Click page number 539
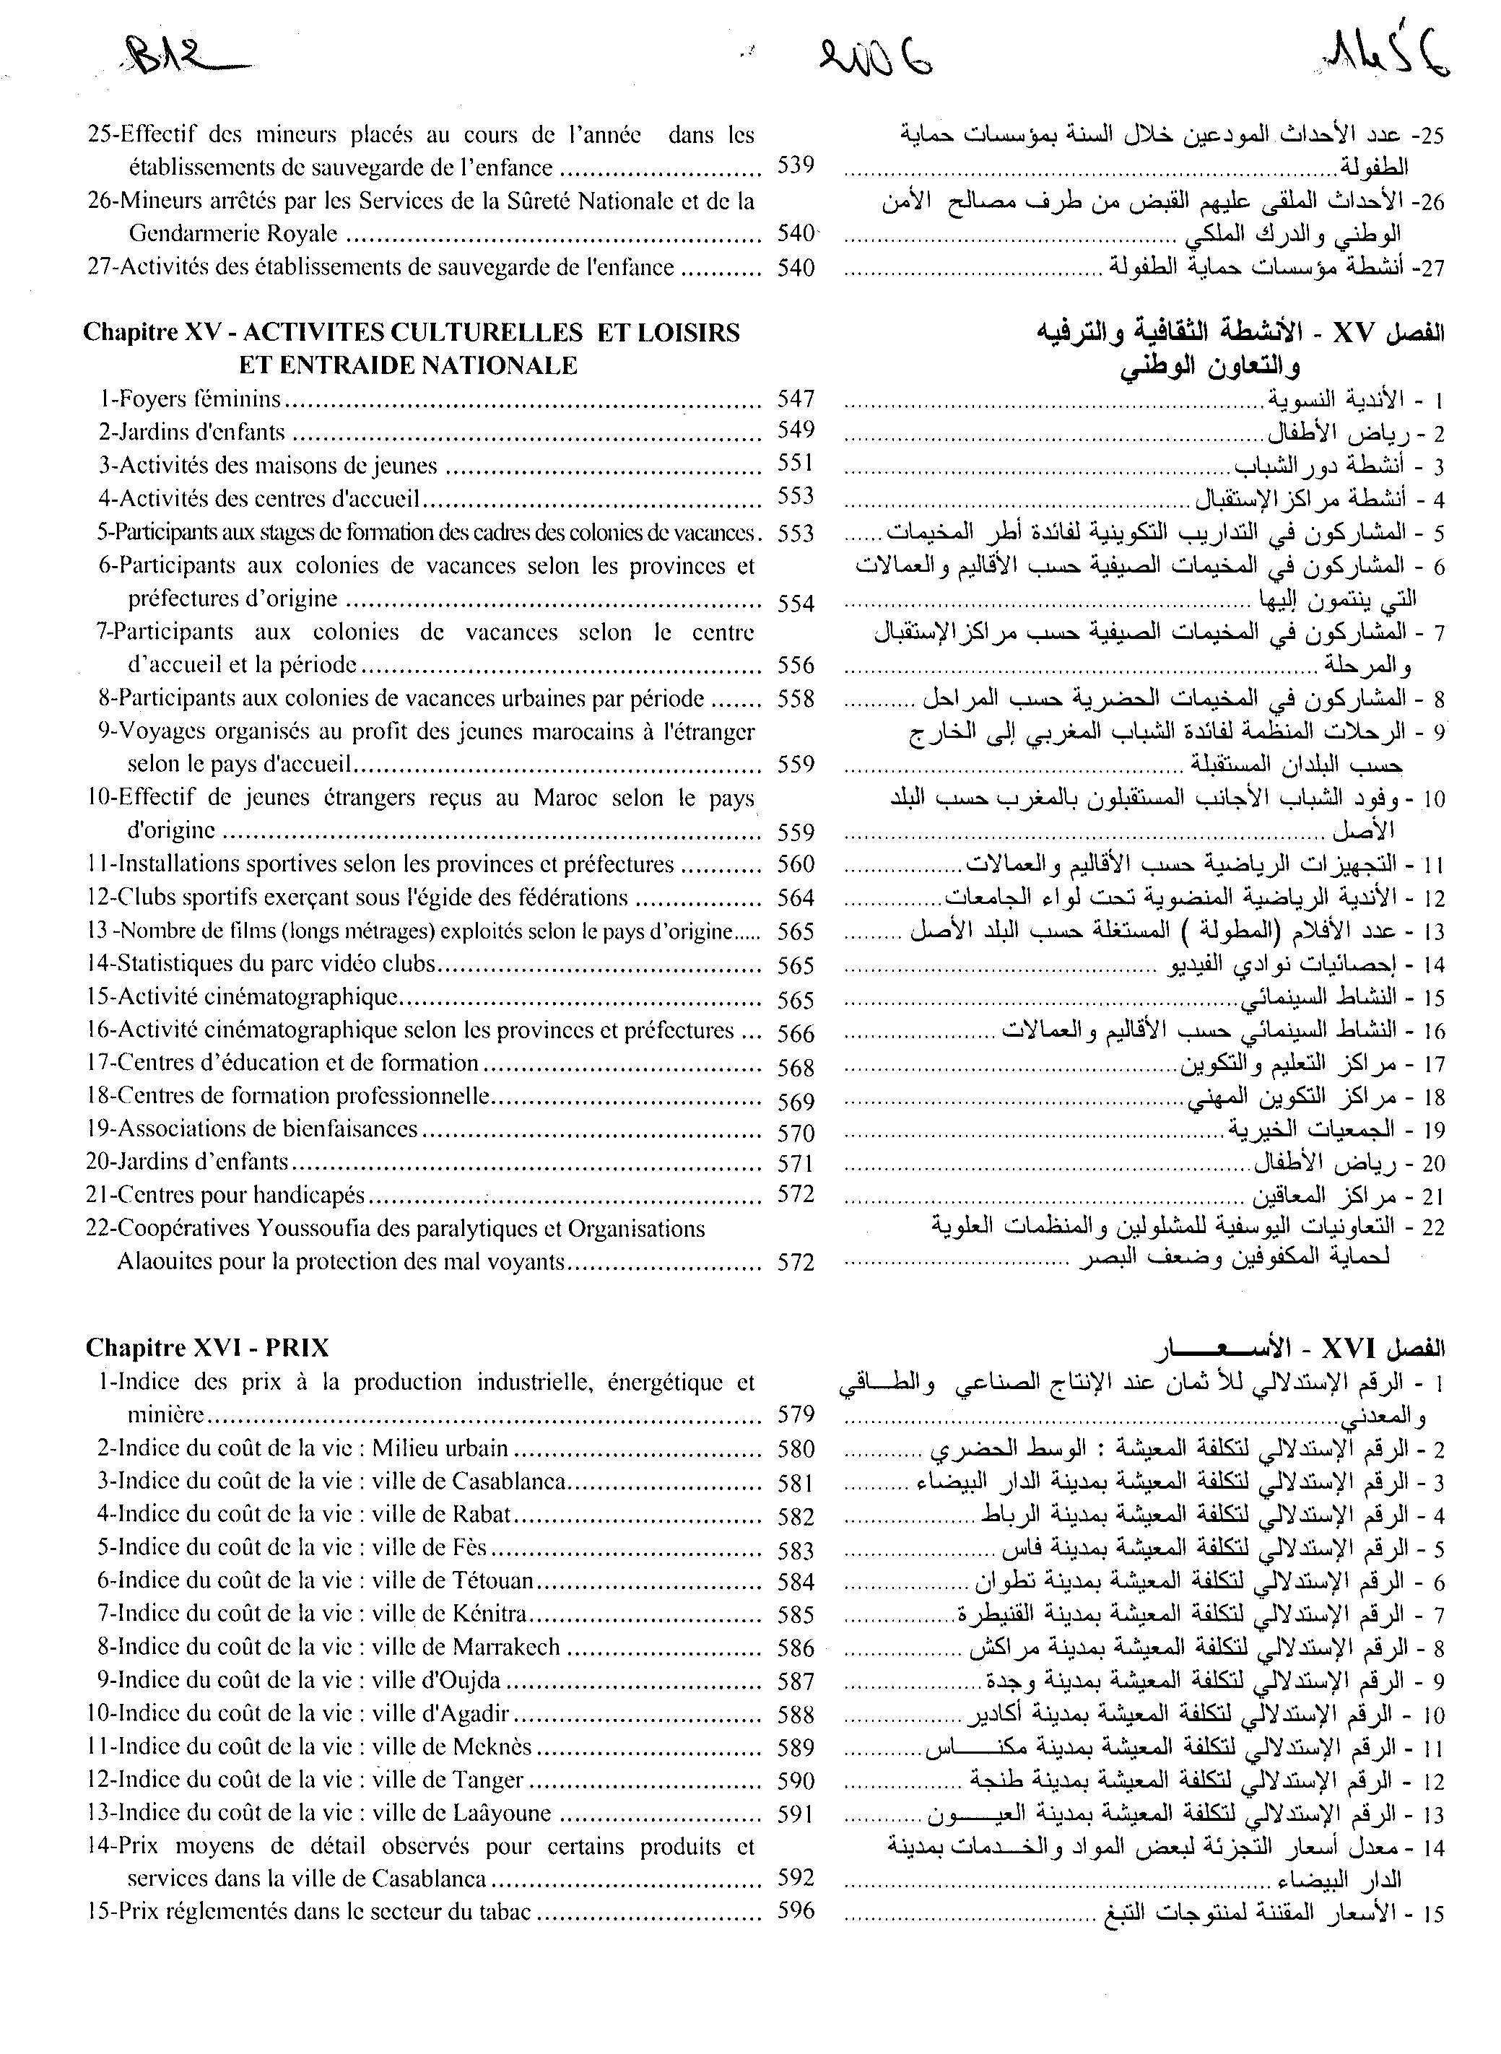(x=796, y=166)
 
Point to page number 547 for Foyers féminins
(x=796, y=398)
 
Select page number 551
(x=796, y=464)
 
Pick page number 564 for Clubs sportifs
(x=796, y=897)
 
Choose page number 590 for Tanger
(x=796, y=1780)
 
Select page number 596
(x=796, y=1911)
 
